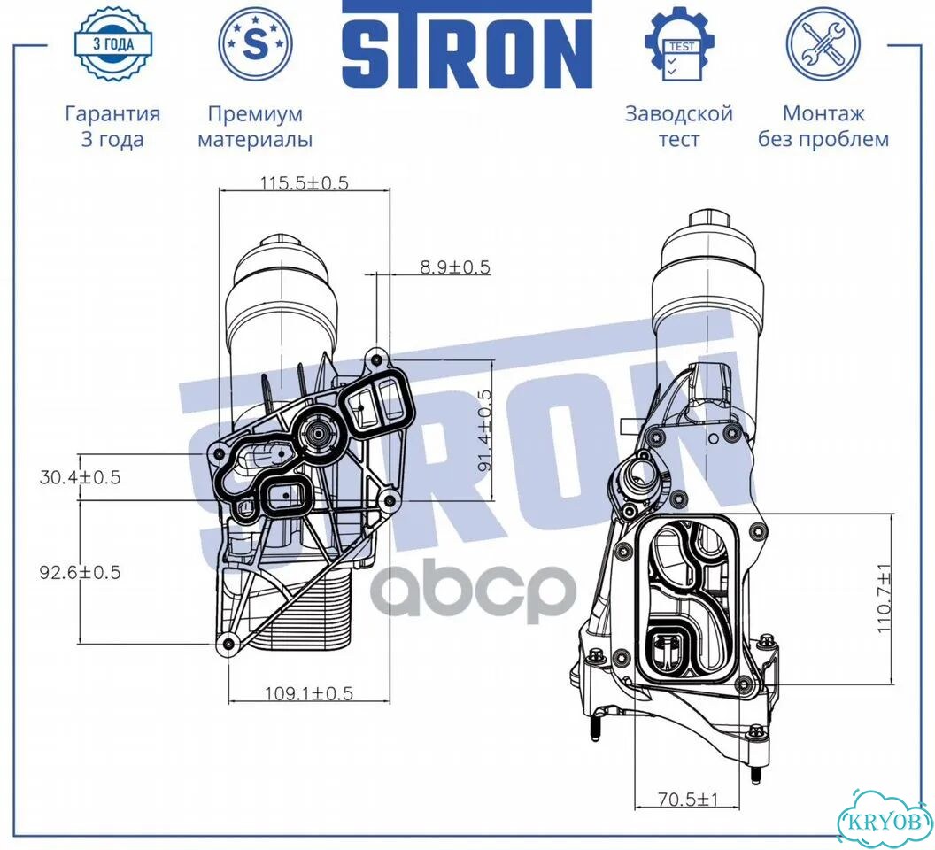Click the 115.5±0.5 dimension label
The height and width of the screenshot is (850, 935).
304,182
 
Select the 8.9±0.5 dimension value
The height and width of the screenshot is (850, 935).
455,267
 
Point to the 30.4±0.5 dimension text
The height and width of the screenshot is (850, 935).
80,477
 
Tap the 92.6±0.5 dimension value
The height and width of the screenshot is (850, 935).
80,573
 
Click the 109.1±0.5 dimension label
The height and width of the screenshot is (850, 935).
309,693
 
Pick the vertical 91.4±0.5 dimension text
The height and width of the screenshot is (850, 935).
484,430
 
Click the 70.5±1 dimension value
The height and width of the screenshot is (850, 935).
688,800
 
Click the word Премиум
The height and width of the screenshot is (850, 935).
255,113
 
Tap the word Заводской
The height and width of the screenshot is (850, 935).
678,113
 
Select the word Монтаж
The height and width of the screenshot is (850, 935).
823,113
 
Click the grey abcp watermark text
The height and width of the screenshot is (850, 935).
471,591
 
